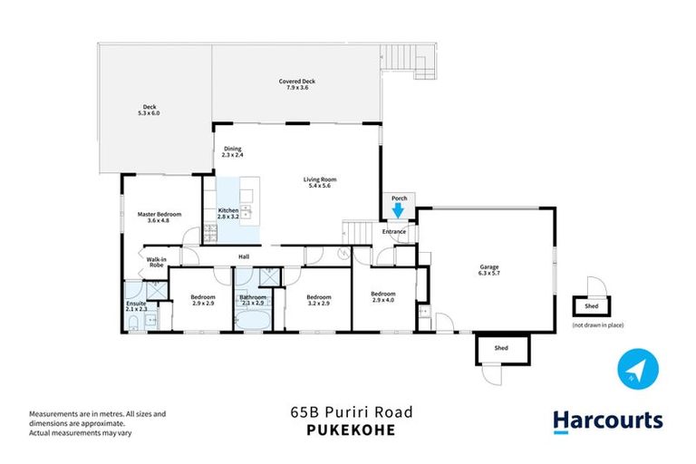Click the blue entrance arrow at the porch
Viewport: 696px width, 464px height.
(396, 210)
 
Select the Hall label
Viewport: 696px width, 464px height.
(244, 256)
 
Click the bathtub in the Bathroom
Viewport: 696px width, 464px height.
(251, 320)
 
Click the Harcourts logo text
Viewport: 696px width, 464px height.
(607, 420)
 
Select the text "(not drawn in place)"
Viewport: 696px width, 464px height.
(597, 324)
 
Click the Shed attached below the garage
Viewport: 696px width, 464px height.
(500, 347)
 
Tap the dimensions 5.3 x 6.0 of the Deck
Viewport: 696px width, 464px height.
(150, 113)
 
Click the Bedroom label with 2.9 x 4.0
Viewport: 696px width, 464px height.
(383, 296)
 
